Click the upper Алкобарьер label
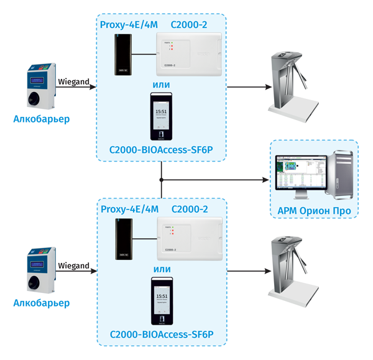(x=42, y=119)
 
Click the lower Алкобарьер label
(x=42, y=303)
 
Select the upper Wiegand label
(x=73, y=81)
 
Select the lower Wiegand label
(x=73, y=265)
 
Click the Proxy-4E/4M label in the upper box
(x=129, y=25)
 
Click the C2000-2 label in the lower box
(x=189, y=210)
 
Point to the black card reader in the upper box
(x=122, y=54)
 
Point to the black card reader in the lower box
(x=122, y=239)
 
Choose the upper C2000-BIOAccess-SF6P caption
(x=161, y=149)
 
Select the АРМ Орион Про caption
(x=314, y=211)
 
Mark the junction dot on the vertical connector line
(x=161, y=180)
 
